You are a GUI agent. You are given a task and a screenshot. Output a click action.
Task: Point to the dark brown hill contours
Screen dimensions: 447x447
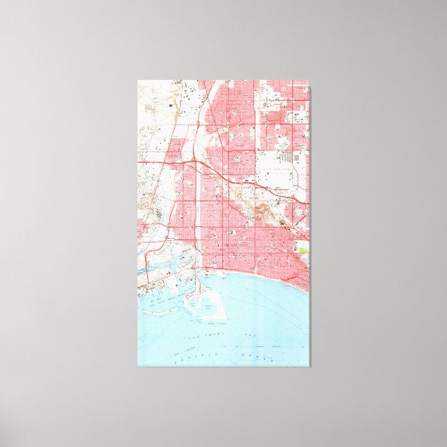point(263,208)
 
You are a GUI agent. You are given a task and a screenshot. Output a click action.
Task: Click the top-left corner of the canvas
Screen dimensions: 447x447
point(138,81)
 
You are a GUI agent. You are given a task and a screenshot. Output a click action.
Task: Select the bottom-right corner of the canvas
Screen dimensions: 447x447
point(310,365)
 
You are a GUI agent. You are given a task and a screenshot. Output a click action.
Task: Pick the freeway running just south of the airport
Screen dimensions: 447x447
point(278,190)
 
